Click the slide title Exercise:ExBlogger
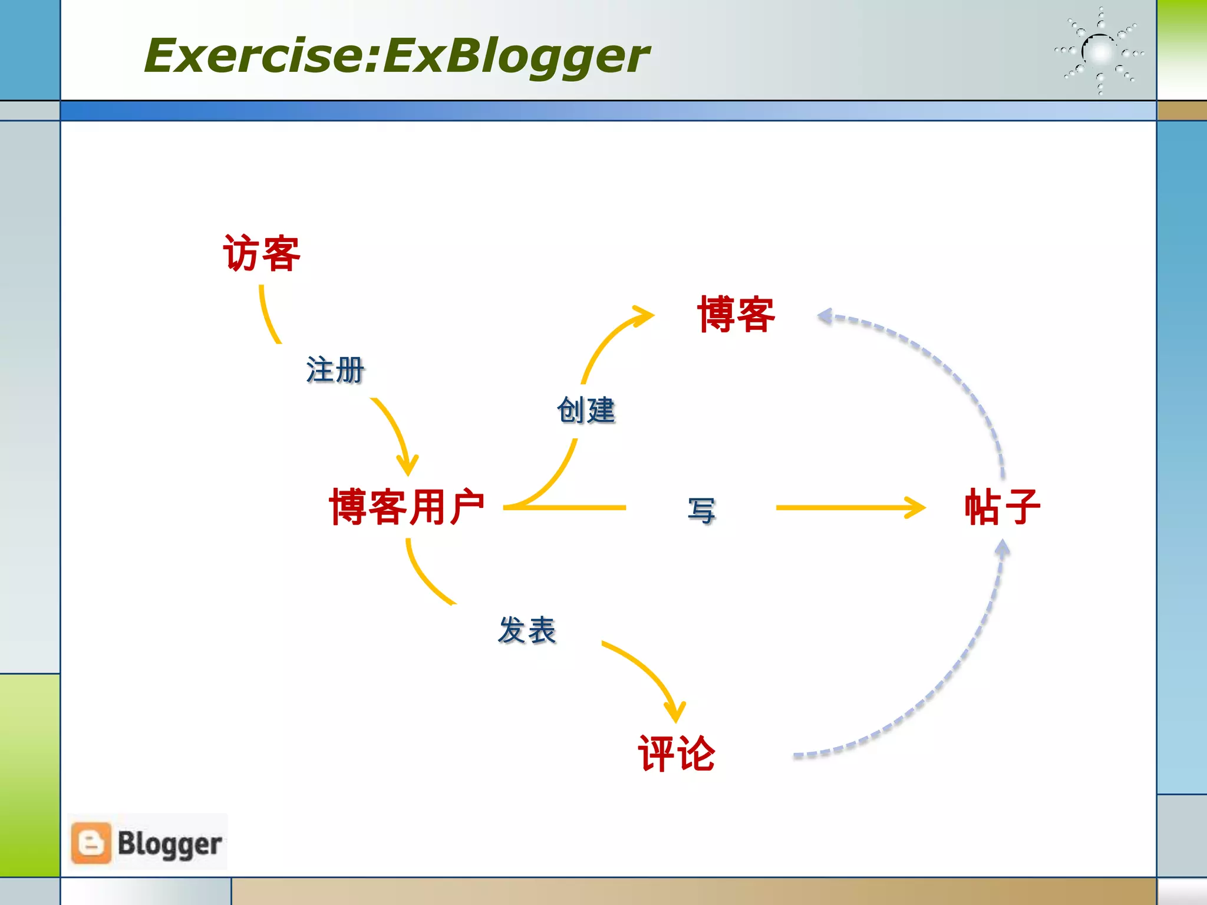[396, 56]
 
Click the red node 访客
[262, 253]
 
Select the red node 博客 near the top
[736, 315]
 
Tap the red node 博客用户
[407, 507]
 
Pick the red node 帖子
[1002, 507]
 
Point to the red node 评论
[677, 754]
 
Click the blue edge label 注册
[335, 370]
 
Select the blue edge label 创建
[586, 410]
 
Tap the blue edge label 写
[701, 510]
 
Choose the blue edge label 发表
[527, 630]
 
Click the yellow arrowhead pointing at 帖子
[916, 507]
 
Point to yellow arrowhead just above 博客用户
[407, 465]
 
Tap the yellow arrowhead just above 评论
[675, 711]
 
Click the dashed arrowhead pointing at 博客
[826, 317]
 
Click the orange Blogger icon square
[91, 843]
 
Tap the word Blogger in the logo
[170, 844]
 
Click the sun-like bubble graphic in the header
[1100, 52]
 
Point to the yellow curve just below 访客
[266, 315]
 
